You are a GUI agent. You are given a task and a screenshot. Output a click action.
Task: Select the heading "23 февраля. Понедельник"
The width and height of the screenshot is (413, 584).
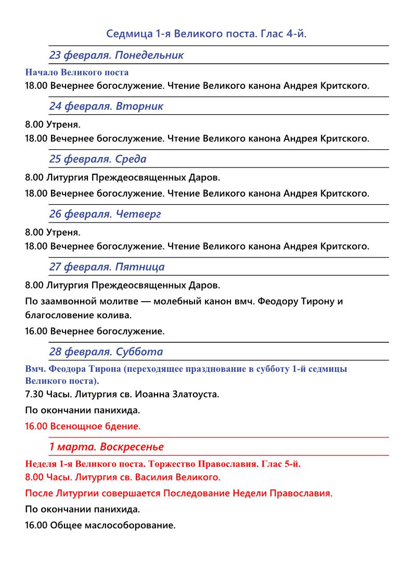[117, 55]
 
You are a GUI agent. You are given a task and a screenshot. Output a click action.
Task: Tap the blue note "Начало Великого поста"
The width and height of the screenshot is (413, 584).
[76, 72]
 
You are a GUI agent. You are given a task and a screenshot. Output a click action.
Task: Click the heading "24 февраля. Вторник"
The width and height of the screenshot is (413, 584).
[106, 106]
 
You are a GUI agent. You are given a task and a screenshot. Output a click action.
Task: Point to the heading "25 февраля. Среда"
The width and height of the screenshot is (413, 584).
[98, 159]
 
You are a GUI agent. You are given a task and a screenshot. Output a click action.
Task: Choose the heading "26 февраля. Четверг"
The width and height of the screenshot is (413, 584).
[105, 214]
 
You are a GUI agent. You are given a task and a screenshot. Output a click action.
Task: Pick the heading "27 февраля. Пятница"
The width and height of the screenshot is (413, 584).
[107, 267]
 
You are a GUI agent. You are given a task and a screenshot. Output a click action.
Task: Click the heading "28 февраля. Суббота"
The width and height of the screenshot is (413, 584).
[106, 352]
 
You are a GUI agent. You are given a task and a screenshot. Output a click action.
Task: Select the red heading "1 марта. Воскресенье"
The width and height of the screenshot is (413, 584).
[106, 447]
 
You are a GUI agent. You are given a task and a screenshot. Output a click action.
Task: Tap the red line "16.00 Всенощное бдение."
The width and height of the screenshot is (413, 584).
[83, 426]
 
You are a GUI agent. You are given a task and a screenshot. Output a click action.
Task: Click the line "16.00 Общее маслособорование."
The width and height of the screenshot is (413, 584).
[100, 525]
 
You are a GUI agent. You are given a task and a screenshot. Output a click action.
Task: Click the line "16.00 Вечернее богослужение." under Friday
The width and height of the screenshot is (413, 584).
[95, 331]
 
